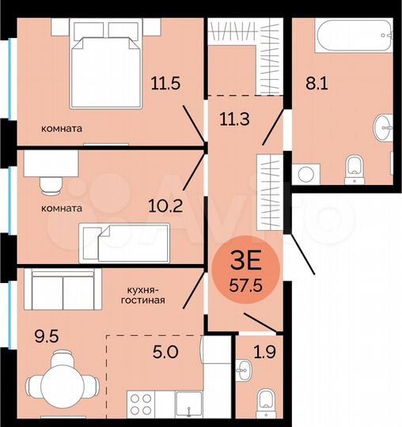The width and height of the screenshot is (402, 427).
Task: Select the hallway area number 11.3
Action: [235, 120]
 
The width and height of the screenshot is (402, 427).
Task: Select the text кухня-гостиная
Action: [143, 294]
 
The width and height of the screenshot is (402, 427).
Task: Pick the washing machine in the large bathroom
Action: [305, 173]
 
